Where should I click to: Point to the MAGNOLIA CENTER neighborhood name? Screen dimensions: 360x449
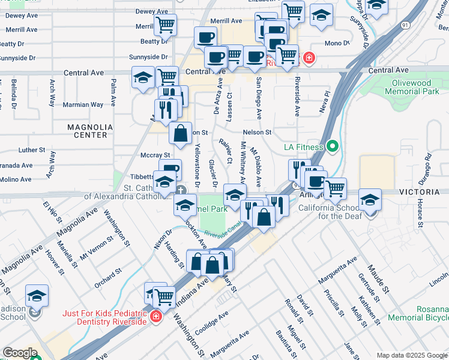pos(90,131)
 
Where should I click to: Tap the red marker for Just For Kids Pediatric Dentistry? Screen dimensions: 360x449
pos(155,316)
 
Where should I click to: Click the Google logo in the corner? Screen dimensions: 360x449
pos(20,353)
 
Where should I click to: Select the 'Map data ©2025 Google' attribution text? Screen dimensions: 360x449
pos(411,355)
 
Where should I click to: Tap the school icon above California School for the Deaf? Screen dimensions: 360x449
pos(370,201)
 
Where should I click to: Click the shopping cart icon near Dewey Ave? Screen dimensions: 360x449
pos(164,26)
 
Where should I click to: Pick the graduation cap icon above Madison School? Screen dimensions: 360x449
pos(37,296)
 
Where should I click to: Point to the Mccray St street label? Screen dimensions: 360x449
pos(152,154)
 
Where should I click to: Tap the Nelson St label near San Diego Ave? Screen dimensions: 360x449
pos(257,132)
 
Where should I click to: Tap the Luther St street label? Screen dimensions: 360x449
pos(32,150)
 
